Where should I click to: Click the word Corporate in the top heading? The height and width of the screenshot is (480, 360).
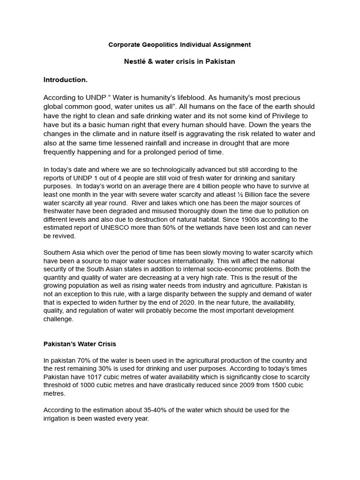point(123,45)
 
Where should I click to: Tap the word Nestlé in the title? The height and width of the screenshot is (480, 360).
point(136,61)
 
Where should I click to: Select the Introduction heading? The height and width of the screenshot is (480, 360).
point(65,80)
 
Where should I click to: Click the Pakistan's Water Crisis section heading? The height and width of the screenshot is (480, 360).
point(80,344)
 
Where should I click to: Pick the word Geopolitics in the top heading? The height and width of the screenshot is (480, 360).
point(157,45)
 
